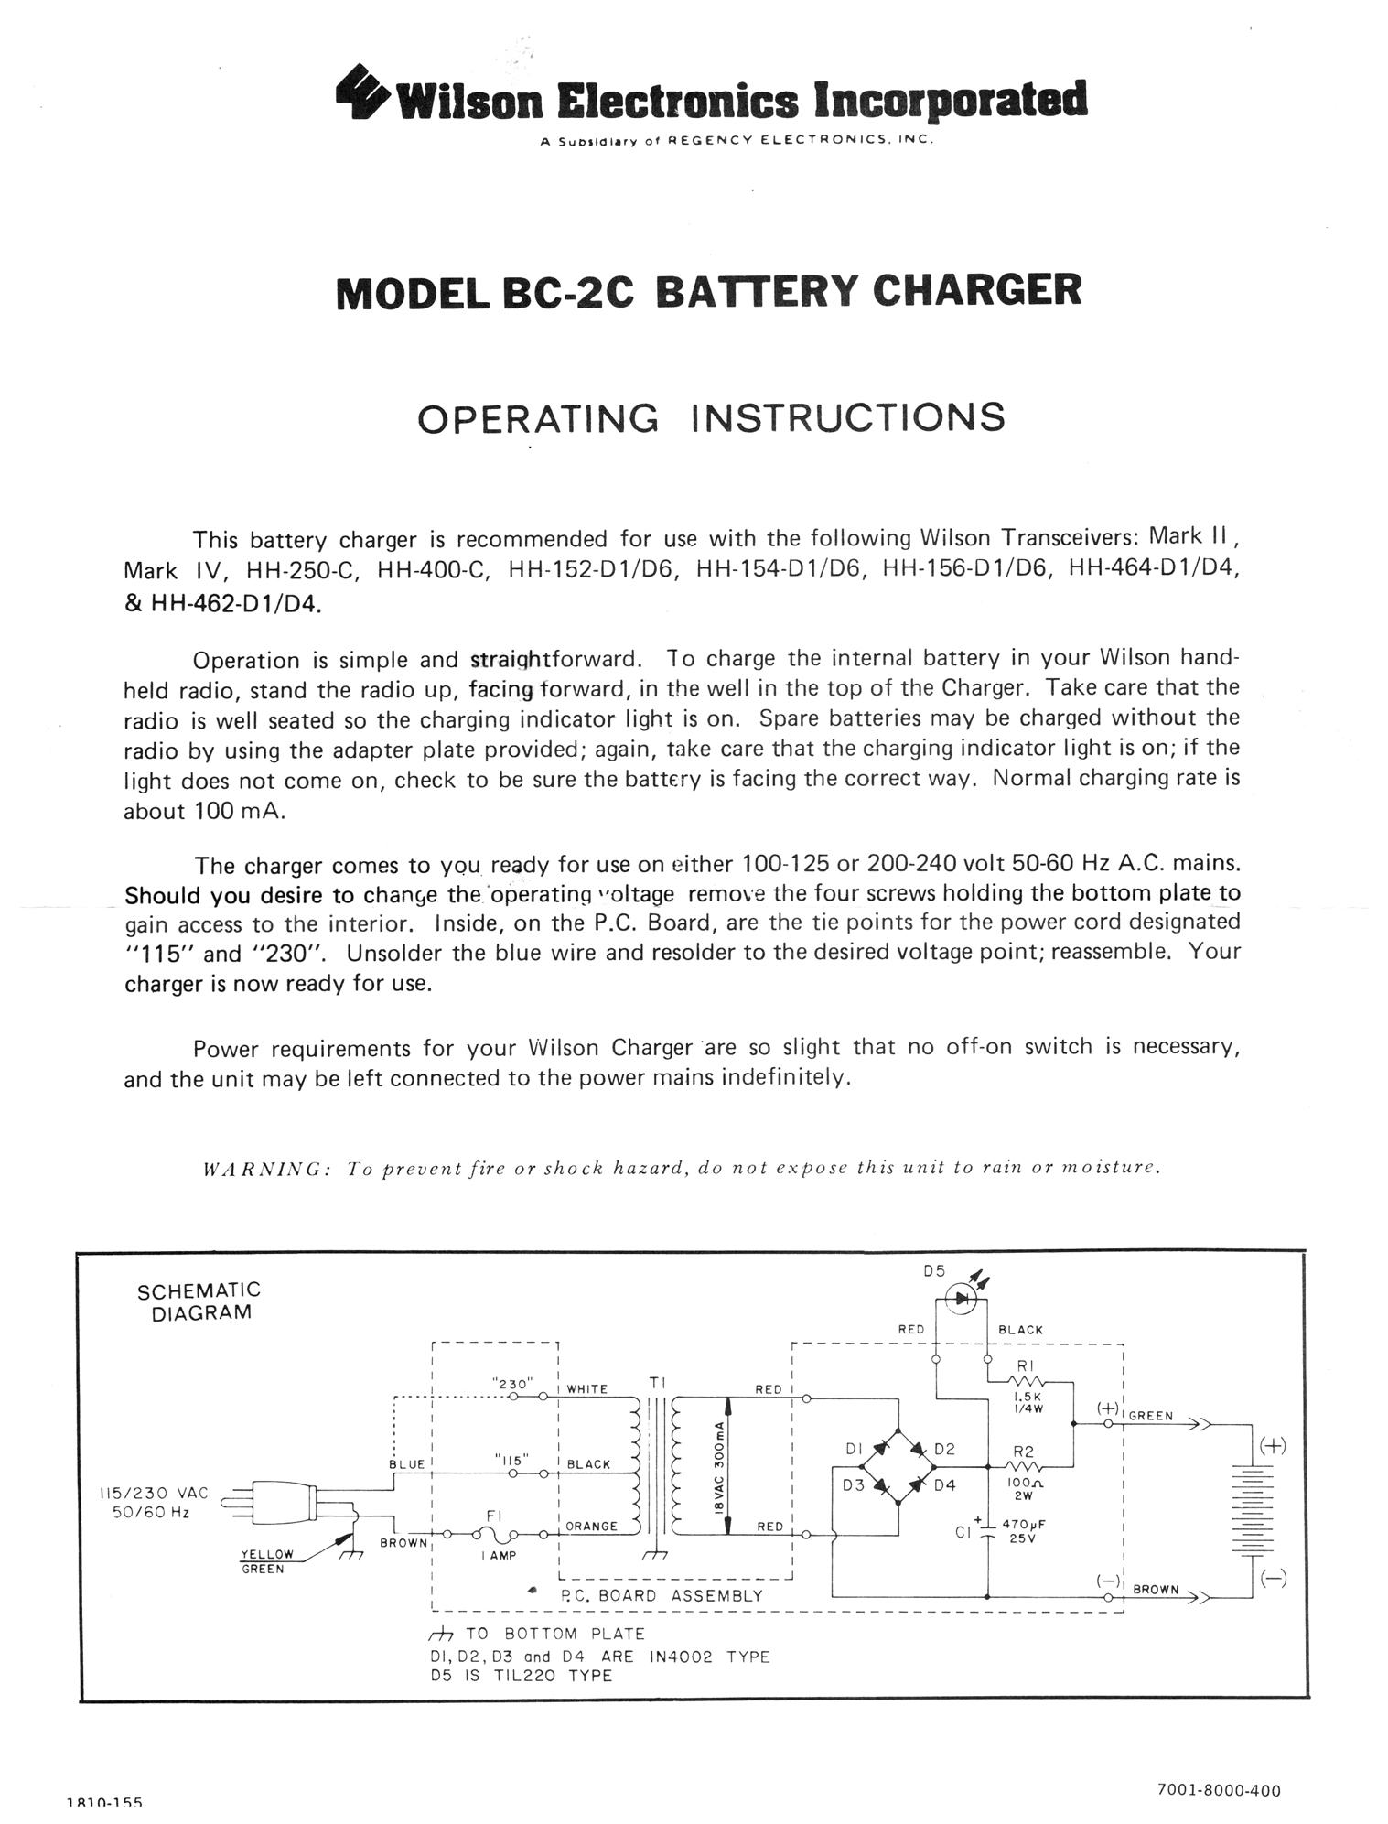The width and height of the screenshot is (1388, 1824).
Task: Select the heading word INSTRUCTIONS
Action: [848, 418]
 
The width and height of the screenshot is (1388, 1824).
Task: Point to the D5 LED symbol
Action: [962, 1297]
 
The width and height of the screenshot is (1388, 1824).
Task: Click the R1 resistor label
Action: [1025, 1366]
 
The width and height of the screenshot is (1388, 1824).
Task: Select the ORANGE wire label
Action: [591, 1527]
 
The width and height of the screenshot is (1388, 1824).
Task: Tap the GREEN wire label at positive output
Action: [1151, 1416]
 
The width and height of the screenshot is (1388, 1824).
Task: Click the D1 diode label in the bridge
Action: [854, 1449]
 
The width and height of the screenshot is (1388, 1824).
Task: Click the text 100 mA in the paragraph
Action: [238, 812]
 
